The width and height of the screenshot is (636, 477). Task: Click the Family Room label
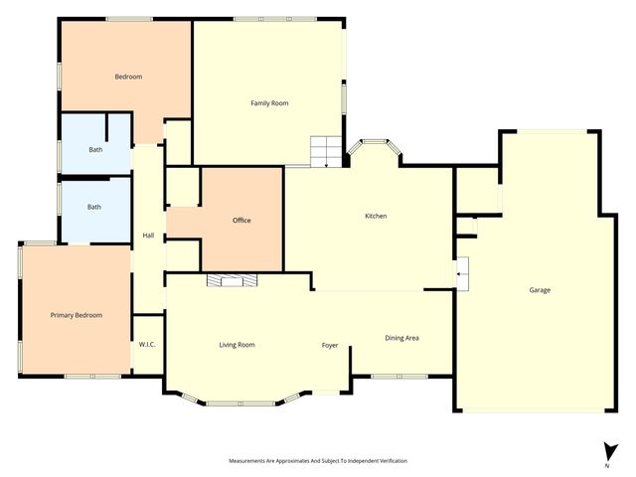269,102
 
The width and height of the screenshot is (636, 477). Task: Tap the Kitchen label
376,216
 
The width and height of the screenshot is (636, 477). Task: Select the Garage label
540,290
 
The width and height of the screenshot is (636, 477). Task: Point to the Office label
241,220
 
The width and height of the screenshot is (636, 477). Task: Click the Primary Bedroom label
77,315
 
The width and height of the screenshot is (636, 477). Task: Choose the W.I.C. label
147,345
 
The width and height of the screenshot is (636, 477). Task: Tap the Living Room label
238,345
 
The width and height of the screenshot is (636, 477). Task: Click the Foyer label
330,345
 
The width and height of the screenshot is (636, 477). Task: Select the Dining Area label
401,338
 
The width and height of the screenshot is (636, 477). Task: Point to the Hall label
148,236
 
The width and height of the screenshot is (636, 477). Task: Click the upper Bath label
94,150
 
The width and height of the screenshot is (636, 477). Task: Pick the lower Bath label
94,207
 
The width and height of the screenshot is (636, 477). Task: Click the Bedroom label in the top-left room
128,77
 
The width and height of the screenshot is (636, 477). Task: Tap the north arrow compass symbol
606,450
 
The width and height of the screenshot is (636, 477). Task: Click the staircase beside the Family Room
324,151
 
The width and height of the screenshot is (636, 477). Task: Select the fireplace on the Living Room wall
231,280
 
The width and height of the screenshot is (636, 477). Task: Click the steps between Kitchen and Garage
462,271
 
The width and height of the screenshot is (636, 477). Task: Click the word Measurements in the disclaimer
251,461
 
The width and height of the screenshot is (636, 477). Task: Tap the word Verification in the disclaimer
388,461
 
